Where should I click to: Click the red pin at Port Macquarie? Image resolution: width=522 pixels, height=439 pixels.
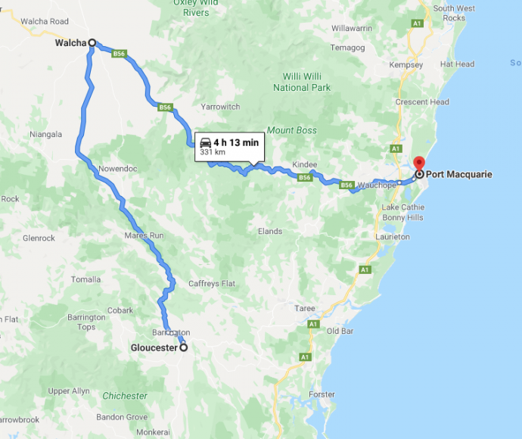pyautogui.click(x=419, y=167)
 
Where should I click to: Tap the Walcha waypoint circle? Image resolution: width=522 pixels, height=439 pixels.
pyautogui.click(x=92, y=43)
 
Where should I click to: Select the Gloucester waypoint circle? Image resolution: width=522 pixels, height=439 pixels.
pyautogui.click(x=182, y=348)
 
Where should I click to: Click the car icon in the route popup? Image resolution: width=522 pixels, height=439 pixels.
pyautogui.click(x=204, y=142)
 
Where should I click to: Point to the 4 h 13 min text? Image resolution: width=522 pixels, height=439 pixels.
pyautogui.click(x=236, y=142)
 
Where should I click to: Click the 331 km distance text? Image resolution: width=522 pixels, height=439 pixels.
pyautogui.click(x=213, y=152)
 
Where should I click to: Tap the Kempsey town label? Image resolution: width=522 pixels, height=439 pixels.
pyautogui.click(x=407, y=65)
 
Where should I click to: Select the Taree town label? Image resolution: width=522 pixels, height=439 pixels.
pyautogui.click(x=305, y=308)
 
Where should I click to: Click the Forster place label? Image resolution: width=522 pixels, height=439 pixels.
pyautogui.click(x=322, y=395)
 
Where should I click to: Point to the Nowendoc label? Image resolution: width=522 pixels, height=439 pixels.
pyautogui.click(x=118, y=168)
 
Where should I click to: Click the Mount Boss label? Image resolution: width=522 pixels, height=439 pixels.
pyautogui.click(x=291, y=130)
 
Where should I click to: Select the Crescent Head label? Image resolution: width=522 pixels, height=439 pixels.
pyautogui.click(x=422, y=102)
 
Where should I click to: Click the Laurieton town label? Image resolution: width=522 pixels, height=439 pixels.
pyautogui.click(x=392, y=237)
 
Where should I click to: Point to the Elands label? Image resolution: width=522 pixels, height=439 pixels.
pyautogui.click(x=269, y=232)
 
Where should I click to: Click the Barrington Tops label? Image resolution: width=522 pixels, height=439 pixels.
pyautogui.click(x=92, y=322)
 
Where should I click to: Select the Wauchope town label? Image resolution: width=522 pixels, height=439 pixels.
pyautogui.click(x=377, y=185)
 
